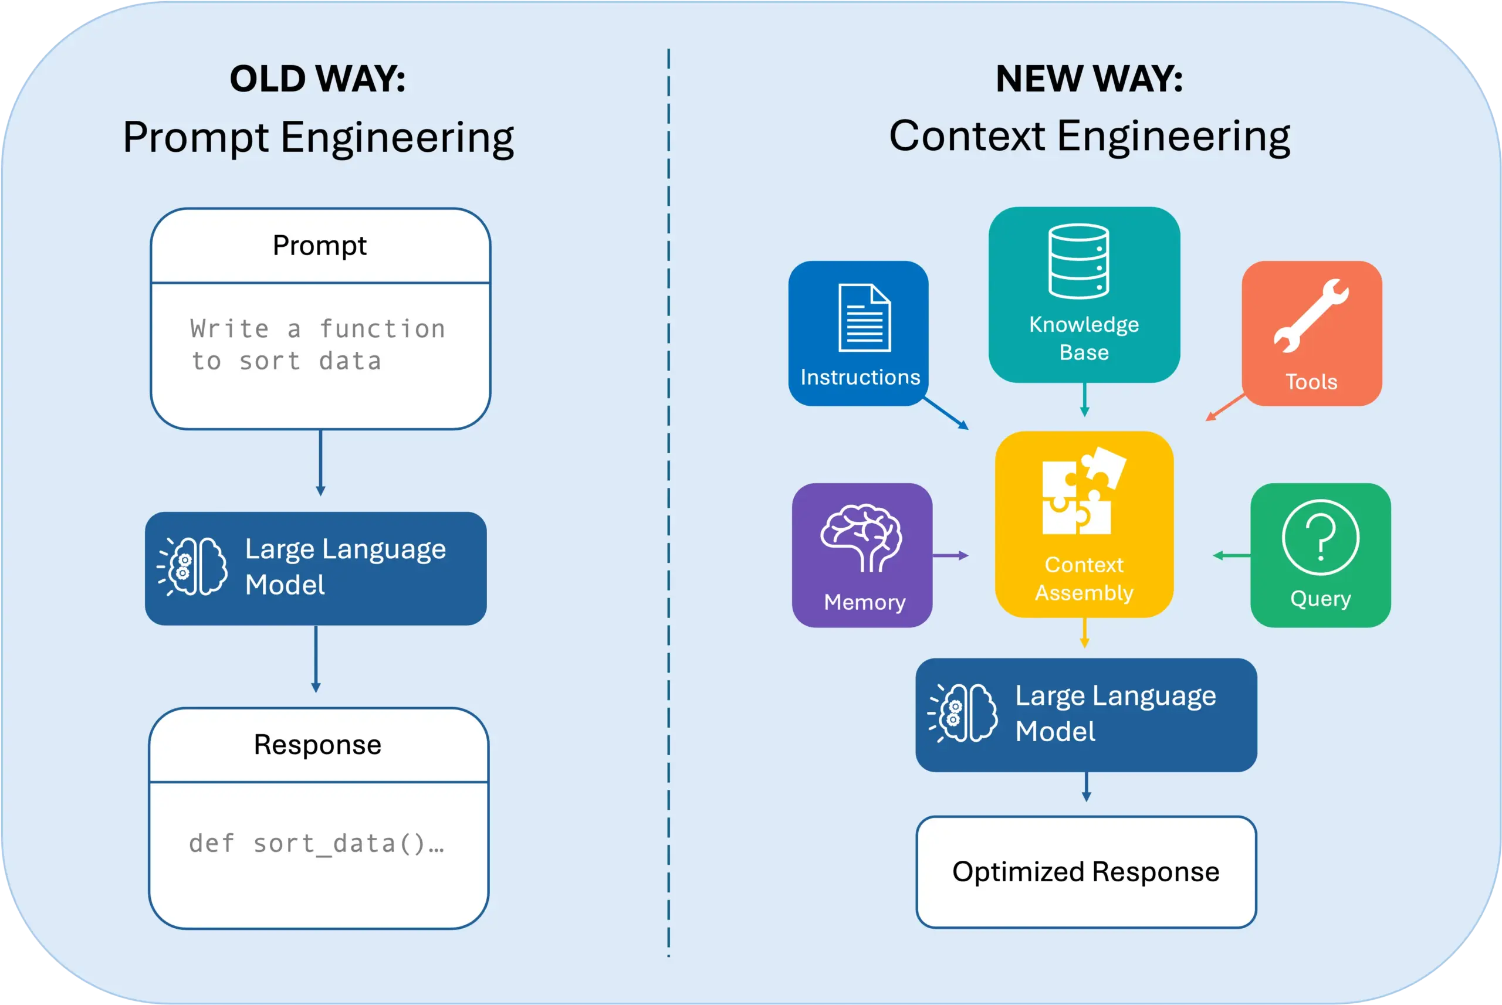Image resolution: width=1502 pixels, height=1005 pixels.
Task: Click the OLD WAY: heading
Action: tap(317, 79)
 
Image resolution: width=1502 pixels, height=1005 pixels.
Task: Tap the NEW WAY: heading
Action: tap(1088, 79)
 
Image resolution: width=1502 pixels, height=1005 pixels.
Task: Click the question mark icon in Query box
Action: tap(1320, 538)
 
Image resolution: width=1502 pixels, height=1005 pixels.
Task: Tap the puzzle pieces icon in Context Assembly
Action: tap(1082, 491)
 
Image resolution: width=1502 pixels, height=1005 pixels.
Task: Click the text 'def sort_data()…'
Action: tap(316, 844)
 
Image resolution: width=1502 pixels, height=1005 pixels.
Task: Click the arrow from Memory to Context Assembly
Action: tap(950, 556)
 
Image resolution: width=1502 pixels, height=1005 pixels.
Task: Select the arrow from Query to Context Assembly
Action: tap(1232, 556)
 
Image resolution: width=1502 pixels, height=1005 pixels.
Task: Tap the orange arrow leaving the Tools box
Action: tap(1225, 408)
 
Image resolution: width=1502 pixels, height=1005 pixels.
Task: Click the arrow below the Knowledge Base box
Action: tap(1084, 399)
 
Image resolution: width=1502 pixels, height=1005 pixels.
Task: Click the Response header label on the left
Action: tap(317, 745)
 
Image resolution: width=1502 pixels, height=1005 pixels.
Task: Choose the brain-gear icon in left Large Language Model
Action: tap(192, 566)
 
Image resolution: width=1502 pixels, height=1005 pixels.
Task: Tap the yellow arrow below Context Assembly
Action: tap(1084, 633)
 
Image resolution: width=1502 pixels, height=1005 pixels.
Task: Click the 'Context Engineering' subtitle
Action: tap(1088, 137)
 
